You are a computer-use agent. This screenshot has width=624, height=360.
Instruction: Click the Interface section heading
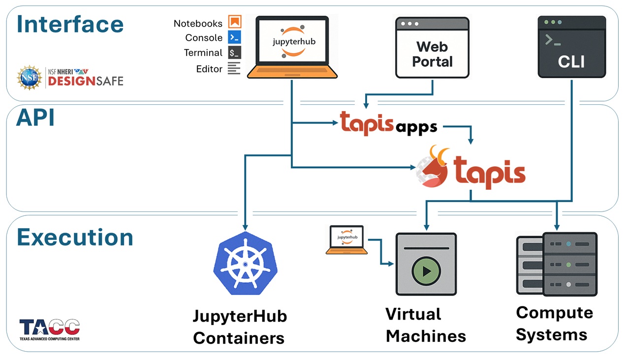[70, 25]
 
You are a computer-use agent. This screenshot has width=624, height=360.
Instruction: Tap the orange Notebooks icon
[235, 22]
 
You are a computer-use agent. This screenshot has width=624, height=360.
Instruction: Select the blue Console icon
[235, 37]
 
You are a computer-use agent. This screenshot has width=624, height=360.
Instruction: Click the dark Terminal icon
[235, 53]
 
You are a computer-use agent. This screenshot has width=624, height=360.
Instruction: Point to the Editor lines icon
[234, 68]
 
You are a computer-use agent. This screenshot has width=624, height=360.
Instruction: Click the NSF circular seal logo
[30, 78]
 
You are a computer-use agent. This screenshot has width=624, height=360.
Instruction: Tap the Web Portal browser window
[432, 48]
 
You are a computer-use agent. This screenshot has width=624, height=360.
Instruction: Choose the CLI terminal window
[571, 47]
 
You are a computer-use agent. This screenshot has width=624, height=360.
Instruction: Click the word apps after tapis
[416, 127]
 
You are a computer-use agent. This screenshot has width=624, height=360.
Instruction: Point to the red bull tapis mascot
[432, 168]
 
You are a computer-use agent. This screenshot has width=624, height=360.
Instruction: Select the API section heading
[35, 118]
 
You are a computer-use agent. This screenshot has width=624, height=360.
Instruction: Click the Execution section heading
[75, 237]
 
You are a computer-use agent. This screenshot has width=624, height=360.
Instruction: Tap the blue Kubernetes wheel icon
[246, 263]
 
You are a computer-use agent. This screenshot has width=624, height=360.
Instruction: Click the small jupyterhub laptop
[346, 239]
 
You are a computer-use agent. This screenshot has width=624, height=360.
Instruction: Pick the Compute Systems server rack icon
[556, 264]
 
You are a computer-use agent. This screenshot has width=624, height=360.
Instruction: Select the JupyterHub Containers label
[239, 327]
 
